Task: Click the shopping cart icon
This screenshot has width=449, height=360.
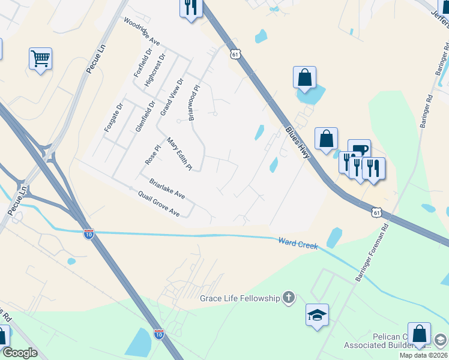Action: (x=40, y=59)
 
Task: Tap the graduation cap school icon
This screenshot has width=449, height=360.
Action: (x=317, y=314)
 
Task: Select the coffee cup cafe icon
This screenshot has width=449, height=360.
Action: (x=359, y=150)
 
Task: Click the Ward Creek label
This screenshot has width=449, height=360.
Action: (x=298, y=242)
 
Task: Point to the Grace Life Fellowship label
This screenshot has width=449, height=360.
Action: (x=240, y=298)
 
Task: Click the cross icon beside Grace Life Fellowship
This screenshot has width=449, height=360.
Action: (x=289, y=297)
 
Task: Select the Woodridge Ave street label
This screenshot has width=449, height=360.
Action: (x=142, y=31)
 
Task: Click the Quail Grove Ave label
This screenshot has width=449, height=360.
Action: (x=158, y=204)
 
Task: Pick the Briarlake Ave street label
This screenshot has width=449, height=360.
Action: (x=167, y=188)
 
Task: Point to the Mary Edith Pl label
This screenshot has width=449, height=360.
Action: (x=179, y=154)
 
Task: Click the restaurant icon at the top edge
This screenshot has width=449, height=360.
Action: (x=191, y=8)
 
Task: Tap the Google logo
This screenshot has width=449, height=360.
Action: (x=20, y=353)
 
